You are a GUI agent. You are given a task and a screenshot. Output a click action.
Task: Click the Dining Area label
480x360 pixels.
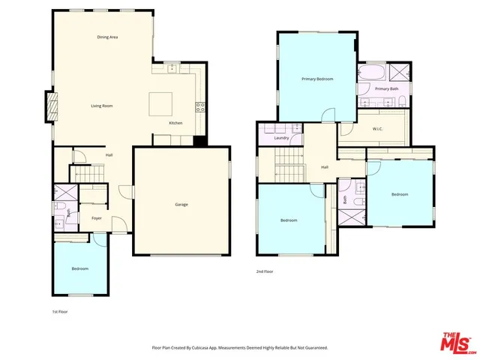107,37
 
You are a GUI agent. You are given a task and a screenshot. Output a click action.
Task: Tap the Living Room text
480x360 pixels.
102,106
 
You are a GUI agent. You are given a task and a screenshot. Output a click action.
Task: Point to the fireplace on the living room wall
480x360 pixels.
51,106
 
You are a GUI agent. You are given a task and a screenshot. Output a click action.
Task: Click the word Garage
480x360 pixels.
181,204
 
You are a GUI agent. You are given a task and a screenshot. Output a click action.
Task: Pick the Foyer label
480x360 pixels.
96,218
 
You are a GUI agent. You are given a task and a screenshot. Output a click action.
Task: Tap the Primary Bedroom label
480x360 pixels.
317,79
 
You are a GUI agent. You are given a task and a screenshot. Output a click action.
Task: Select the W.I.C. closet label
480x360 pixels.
378,127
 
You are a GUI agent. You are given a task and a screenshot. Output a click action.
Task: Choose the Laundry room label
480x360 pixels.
282,138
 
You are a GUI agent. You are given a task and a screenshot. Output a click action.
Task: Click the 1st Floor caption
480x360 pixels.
59,310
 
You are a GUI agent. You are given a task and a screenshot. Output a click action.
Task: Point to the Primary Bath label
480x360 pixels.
386,88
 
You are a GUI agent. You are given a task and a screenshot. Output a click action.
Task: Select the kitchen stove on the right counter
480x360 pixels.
199,106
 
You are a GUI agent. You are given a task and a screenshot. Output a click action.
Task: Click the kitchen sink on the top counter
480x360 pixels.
172,67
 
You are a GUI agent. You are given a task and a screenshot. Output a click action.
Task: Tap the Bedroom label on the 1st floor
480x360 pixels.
79,268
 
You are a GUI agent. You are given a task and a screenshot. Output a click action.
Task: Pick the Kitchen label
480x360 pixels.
175,122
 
